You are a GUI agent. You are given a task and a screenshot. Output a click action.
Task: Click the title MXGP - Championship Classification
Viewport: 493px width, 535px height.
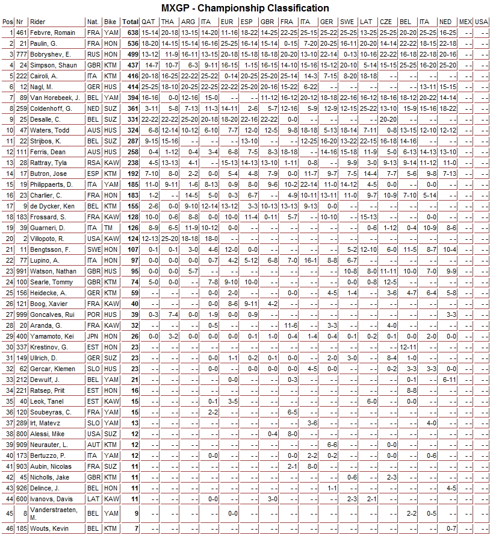point(246,8)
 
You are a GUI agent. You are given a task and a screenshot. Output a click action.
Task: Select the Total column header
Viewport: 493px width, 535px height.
point(131,22)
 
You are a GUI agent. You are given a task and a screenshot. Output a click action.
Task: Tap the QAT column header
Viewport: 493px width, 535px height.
point(150,22)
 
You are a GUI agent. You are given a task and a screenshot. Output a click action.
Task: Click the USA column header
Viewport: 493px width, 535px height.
point(481,22)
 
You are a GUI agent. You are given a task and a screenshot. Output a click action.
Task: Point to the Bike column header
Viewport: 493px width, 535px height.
point(111,22)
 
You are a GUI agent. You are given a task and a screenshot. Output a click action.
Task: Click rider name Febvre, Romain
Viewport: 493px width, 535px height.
point(54,33)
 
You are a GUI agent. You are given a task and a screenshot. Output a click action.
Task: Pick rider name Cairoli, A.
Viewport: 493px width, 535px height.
point(46,77)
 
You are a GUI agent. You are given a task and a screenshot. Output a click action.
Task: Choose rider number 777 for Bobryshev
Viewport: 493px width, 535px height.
point(22,54)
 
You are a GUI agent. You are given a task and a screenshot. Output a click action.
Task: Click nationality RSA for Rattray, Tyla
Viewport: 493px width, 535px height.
point(93,163)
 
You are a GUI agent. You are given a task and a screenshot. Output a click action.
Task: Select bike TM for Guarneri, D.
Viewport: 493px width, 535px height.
point(109,228)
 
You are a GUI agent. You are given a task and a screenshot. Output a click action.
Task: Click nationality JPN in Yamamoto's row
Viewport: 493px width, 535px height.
point(93,336)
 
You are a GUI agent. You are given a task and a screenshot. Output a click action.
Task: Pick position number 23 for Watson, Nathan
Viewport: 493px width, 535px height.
point(7,272)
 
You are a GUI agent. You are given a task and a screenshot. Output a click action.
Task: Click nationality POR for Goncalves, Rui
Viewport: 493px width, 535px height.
point(93,314)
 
